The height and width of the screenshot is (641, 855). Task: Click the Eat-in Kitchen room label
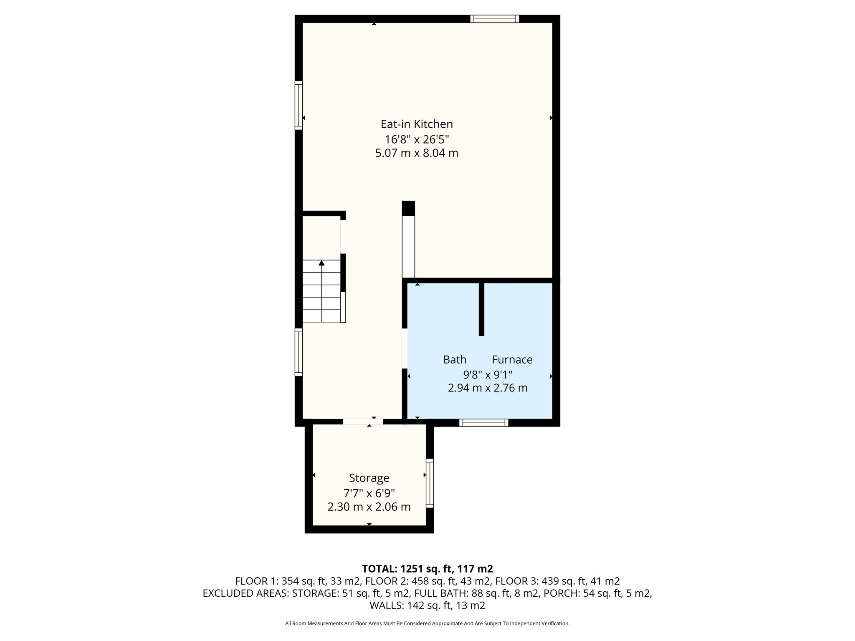point(417,124)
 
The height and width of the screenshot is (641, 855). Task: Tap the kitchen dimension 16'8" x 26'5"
point(417,139)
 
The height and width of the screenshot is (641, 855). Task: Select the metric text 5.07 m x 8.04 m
point(417,153)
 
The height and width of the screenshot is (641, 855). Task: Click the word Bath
point(455,359)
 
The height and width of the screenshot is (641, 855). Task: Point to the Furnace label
point(512,359)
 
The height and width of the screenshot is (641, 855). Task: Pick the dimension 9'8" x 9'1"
point(488,374)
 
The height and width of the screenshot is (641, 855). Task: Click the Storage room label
point(369,478)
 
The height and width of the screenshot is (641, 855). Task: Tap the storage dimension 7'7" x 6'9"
point(369,493)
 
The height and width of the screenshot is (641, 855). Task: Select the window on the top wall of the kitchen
point(495,19)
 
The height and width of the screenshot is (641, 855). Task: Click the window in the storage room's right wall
point(430,483)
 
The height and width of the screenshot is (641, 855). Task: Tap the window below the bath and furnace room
point(484,423)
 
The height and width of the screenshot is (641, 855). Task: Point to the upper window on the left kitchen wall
point(298,105)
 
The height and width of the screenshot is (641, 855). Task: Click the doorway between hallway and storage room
point(363,421)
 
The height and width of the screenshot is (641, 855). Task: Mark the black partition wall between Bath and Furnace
point(481,309)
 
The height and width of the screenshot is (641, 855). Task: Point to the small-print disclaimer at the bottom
point(427,623)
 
